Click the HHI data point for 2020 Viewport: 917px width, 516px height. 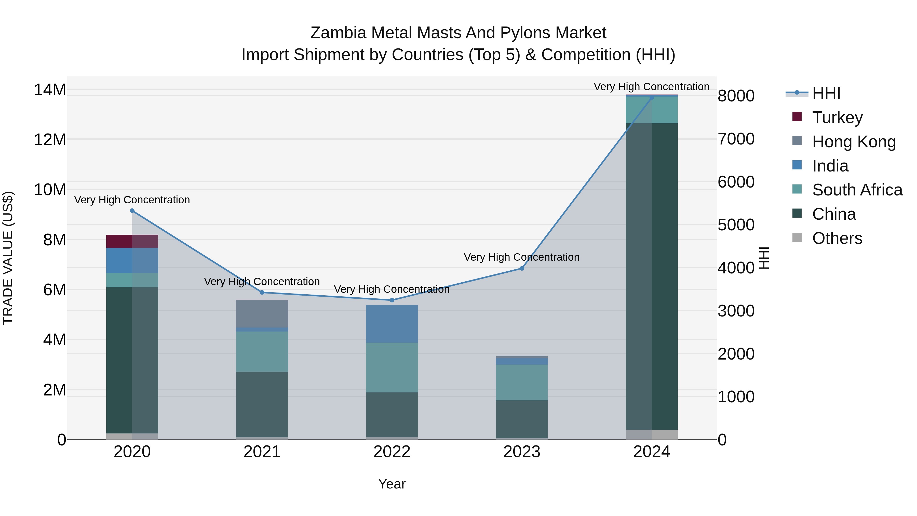click(132, 211)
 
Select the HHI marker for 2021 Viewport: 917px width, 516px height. click(262, 292)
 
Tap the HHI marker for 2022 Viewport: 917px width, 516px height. click(392, 300)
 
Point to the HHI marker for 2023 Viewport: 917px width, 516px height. click(522, 269)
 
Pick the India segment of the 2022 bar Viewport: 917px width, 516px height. click(392, 324)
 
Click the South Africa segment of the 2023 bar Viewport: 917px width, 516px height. click(522, 382)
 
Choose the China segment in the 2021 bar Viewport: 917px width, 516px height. click(262, 405)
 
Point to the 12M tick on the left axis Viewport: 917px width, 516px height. click(50, 140)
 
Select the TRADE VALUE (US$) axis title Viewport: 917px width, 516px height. click(8, 258)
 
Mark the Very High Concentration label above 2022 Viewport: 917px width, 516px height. click(392, 289)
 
